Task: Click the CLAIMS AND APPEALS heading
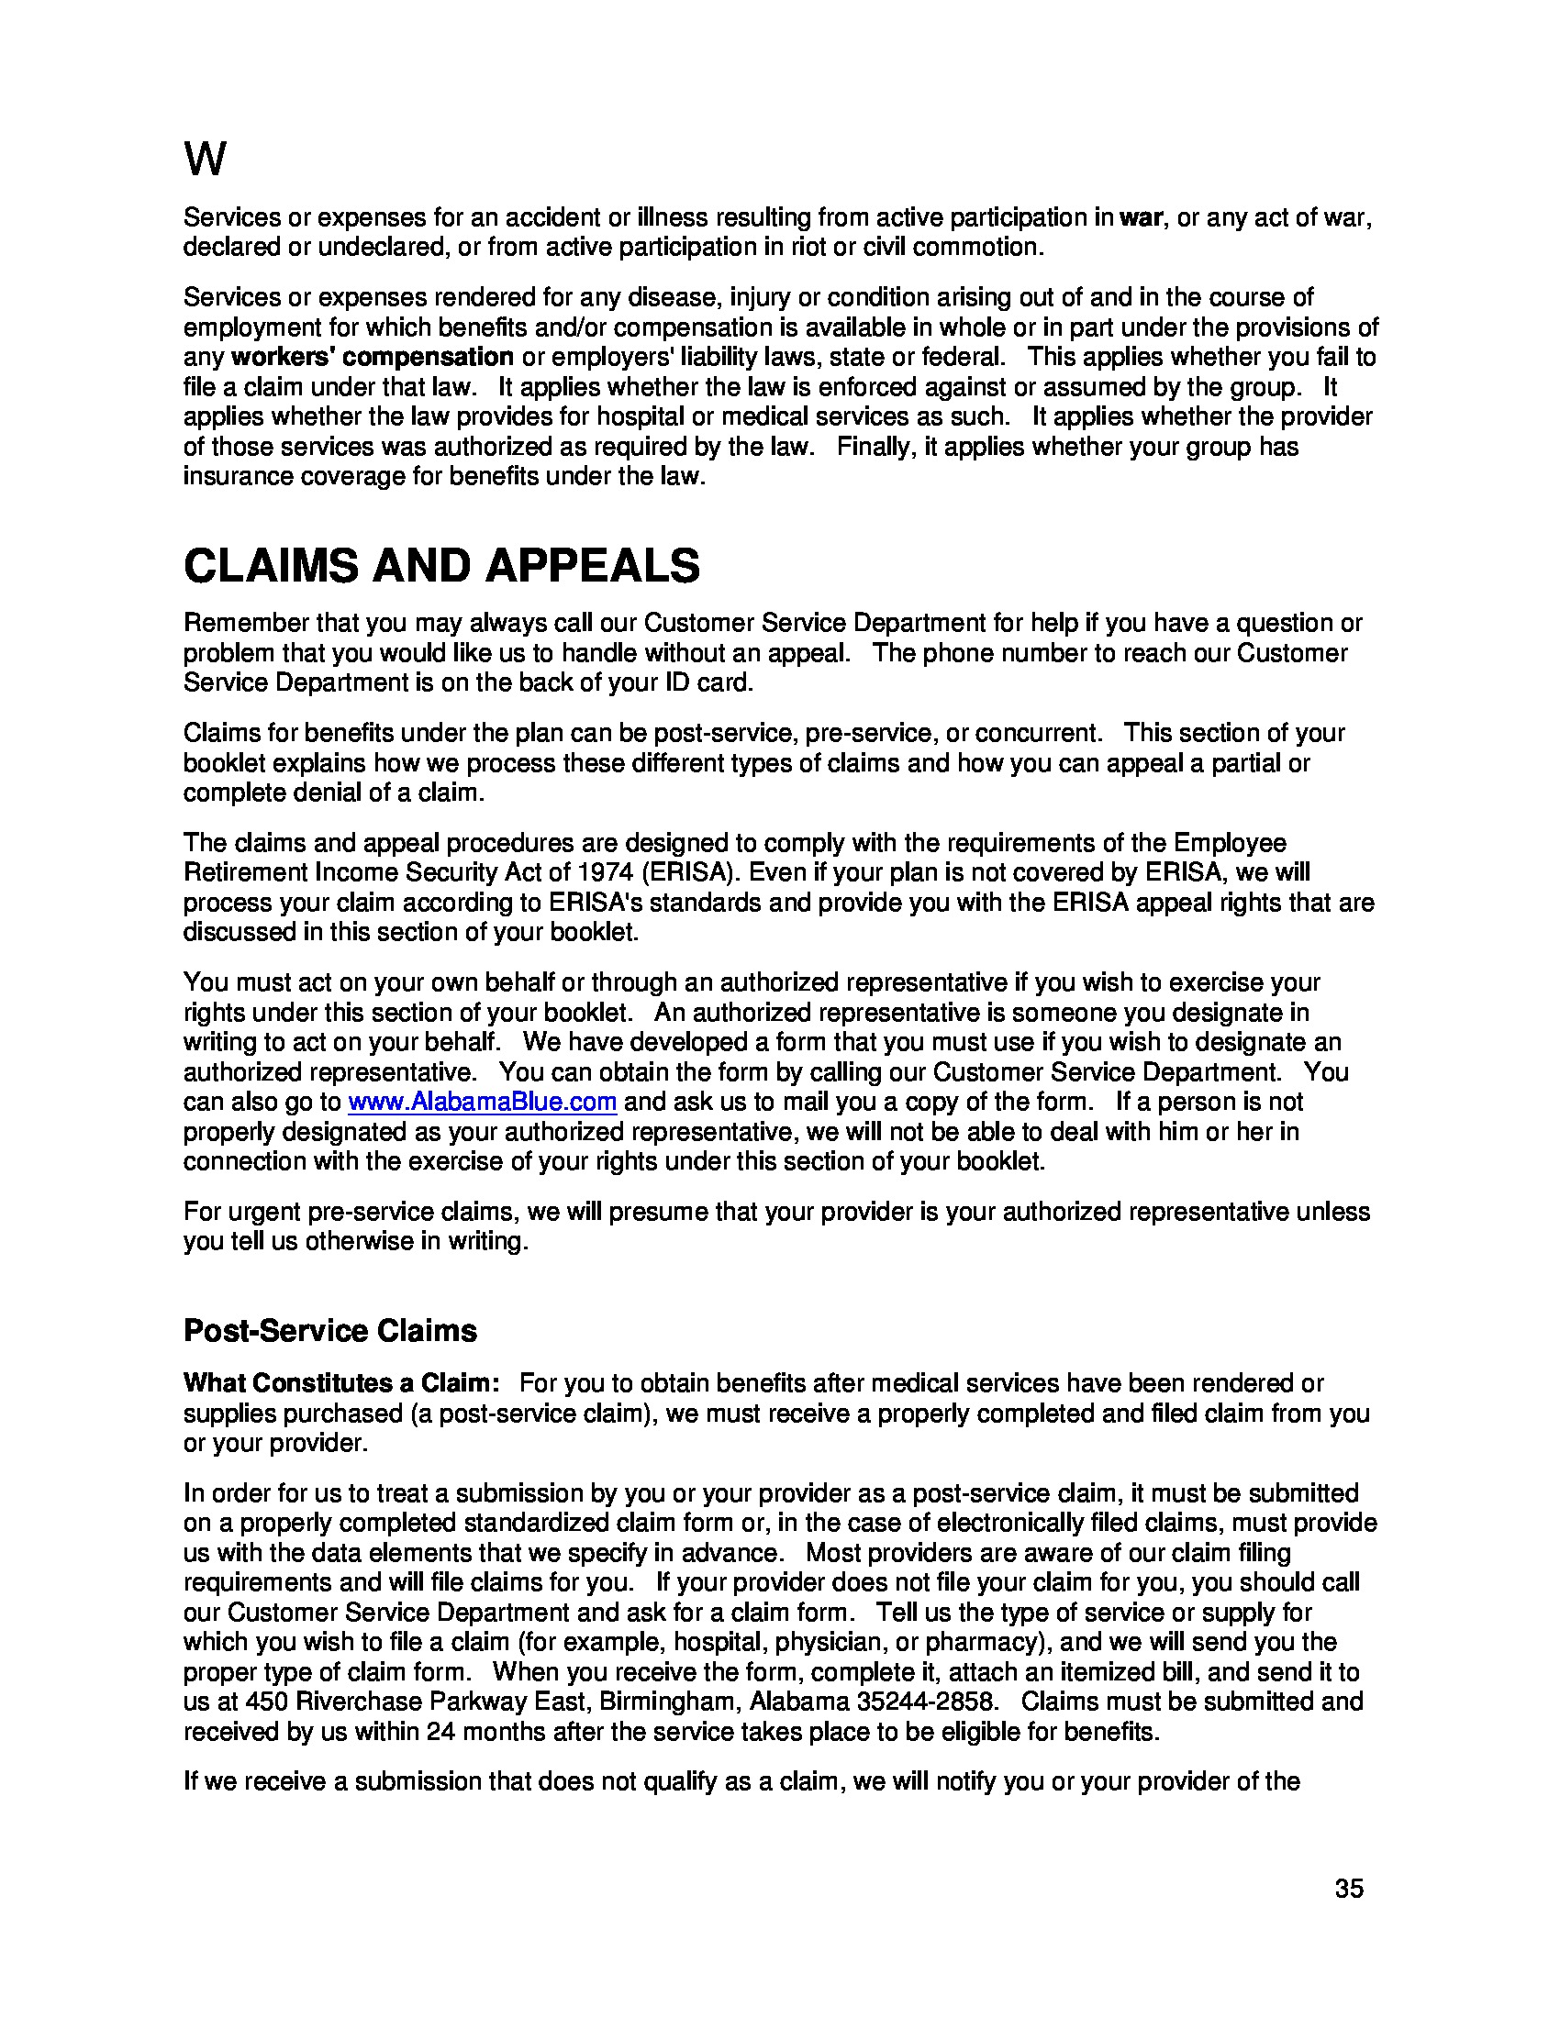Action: pos(441,565)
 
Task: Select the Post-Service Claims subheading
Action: pos(330,1331)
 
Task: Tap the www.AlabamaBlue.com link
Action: pos(482,1102)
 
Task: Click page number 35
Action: pos(1348,1889)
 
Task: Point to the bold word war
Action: pos(1142,218)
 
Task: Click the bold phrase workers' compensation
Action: pos(372,357)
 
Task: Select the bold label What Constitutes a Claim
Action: pos(340,1383)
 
